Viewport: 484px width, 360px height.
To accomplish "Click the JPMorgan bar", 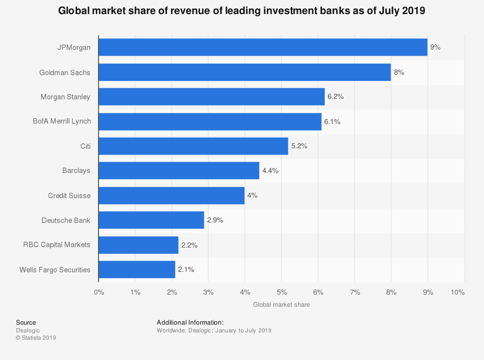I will (263, 47).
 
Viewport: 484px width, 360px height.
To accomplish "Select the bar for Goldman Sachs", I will (244, 72).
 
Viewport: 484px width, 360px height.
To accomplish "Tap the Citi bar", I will (193, 146).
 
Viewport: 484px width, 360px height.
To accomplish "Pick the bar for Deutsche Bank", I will (151, 220).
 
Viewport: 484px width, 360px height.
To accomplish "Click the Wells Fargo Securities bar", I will (137, 269).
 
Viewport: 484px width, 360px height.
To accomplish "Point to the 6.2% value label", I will (335, 97).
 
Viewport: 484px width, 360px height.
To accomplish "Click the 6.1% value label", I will (332, 122).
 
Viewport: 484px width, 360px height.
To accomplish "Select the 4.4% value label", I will (269, 171).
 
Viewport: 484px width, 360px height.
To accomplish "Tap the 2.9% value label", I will (215, 220).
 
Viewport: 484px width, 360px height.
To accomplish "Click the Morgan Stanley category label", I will (65, 97).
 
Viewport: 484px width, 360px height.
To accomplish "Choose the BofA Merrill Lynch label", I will (62, 122).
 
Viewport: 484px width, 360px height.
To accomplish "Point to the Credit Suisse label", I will (69, 195).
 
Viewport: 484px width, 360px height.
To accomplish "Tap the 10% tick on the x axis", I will (457, 292).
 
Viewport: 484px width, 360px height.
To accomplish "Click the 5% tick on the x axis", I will (281, 292).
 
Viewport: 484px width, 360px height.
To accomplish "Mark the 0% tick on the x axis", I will (99, 292).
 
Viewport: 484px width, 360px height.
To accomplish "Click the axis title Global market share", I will (281, 305).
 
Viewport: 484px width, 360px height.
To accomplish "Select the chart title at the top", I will (242, 10).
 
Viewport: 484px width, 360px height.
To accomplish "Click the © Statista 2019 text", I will (36, 338).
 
